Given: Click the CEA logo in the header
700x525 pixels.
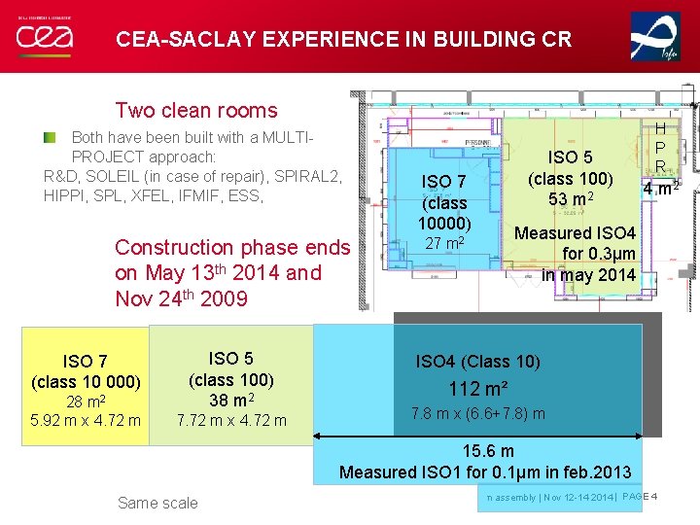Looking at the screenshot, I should click(45, 37).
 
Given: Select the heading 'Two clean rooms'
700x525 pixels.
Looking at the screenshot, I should click(196, 111).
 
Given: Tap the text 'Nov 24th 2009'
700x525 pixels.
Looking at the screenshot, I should click(182, 298).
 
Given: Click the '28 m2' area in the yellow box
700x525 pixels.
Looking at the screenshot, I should click(87, 401).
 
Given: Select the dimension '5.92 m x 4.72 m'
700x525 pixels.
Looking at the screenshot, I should click(87, 420).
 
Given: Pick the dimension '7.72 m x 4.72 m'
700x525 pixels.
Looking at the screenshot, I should click(231, 420).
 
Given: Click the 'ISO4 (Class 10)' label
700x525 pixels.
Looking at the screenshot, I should click(477, 362).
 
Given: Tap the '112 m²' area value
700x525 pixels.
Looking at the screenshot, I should click(477, 389).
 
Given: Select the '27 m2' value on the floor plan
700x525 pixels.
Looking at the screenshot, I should click(443, 242).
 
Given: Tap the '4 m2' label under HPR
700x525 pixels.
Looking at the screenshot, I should click(660, 184).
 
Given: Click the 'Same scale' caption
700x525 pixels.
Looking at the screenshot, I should click(157, 503).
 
